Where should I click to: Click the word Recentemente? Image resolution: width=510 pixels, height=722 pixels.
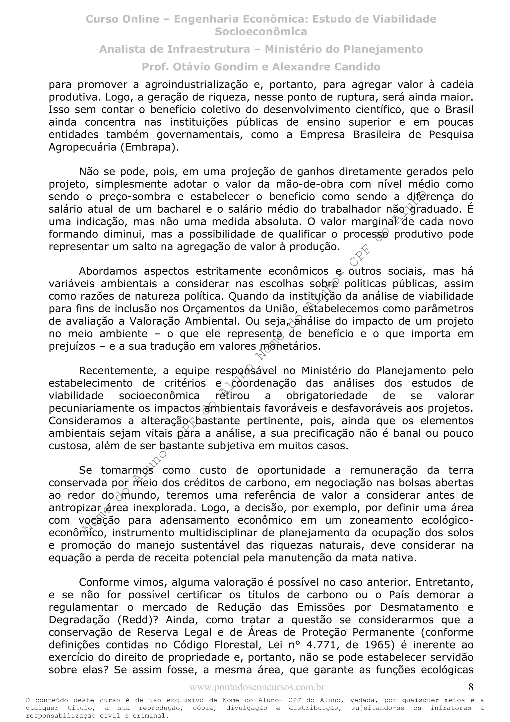118,371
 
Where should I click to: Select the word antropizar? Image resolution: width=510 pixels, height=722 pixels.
75,508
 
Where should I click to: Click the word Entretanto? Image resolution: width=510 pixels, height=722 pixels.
444,583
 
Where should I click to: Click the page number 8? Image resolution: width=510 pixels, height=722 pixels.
470,687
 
